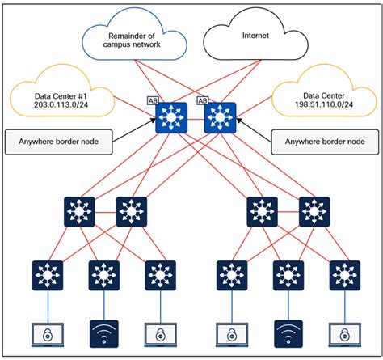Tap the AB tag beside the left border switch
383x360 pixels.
[153, 101]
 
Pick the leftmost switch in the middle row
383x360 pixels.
[79, 213]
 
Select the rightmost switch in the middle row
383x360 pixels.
[313, 213]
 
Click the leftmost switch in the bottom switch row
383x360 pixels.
[48, 275]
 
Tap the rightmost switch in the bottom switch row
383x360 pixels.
[344, 275]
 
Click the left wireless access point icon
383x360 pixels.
[103, 333]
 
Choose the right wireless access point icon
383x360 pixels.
[288, 333]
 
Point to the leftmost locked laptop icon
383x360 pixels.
[48, 334]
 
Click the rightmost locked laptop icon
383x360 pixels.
[344, 334]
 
